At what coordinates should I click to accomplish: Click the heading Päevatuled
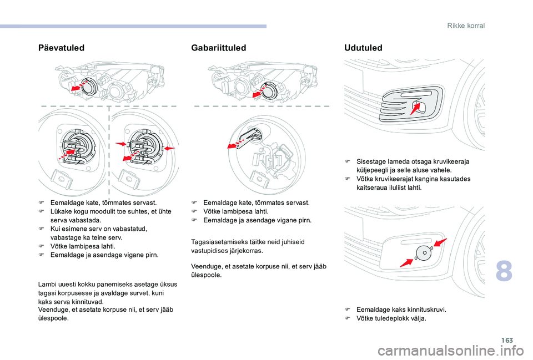click(62, 48)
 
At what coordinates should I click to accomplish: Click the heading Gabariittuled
click(218, 48)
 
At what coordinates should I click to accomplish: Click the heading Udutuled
click(363, 48)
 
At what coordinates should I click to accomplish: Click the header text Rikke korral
click(465, 26)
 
